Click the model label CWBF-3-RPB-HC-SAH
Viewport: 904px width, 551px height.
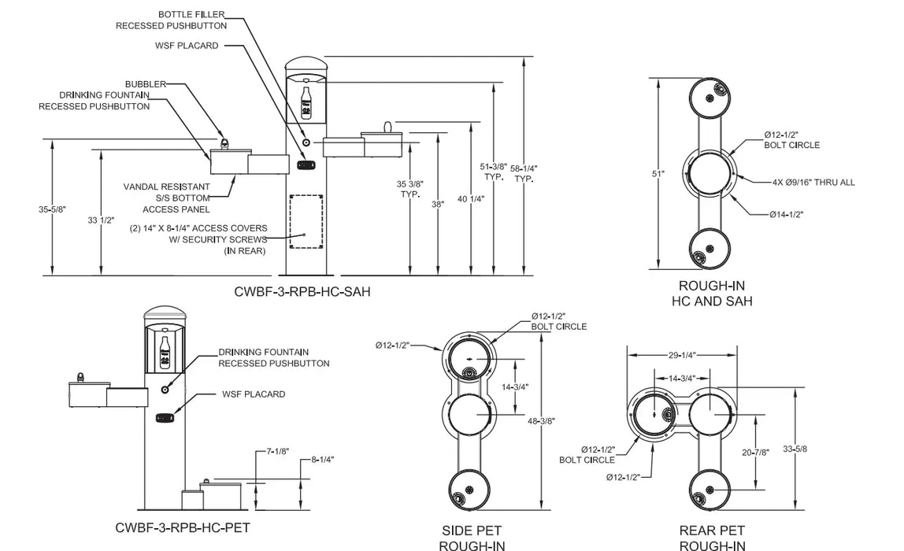tap(302, 292)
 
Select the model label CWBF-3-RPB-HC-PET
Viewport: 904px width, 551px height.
tap(183, 528)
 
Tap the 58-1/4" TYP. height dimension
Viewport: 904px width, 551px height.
tap(524, 174)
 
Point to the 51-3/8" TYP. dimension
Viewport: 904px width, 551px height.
tap(494, 172)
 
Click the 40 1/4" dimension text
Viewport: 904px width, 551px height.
tap(471, 199)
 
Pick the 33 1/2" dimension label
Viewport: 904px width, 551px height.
tap(101, 220)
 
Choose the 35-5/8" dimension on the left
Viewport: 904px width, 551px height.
tap(53, 209)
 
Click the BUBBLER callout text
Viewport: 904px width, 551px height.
tap(145, 84)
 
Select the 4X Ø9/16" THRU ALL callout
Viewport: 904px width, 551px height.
tap(813, 183)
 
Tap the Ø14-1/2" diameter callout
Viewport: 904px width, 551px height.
tap(786, 214)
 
